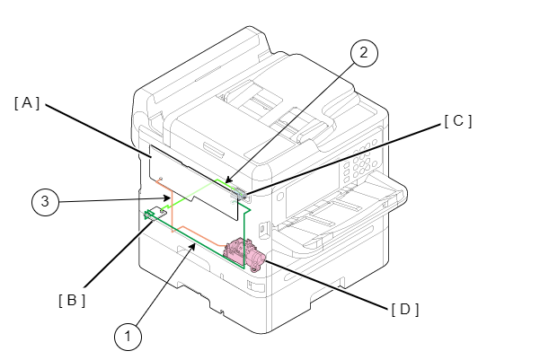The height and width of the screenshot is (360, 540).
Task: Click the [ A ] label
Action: [27, 103]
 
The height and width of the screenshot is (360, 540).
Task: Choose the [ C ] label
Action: [457, 120]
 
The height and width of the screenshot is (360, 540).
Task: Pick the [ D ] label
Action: [405, 310]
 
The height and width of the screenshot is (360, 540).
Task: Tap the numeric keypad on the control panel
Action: [362, 165]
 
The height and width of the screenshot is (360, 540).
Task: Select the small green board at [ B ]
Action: [151, 214]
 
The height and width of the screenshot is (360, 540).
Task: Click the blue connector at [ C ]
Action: [239, 193]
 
